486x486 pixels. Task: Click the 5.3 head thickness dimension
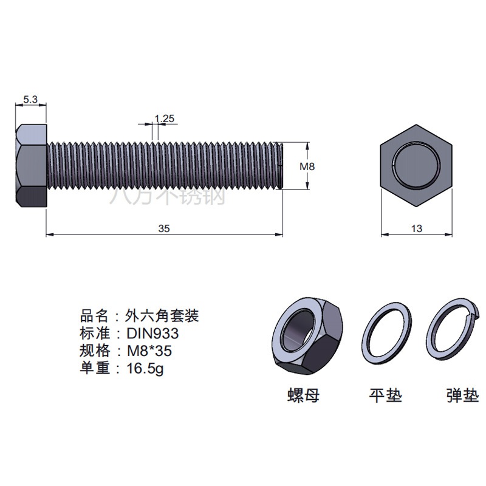30,100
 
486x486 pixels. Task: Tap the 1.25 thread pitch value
164,118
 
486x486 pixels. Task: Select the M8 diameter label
307,166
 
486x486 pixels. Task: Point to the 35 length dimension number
164,228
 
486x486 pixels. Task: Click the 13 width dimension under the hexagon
417,228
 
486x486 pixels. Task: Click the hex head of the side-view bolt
31,165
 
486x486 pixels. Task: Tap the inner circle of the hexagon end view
416,165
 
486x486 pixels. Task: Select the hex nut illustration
307,337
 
